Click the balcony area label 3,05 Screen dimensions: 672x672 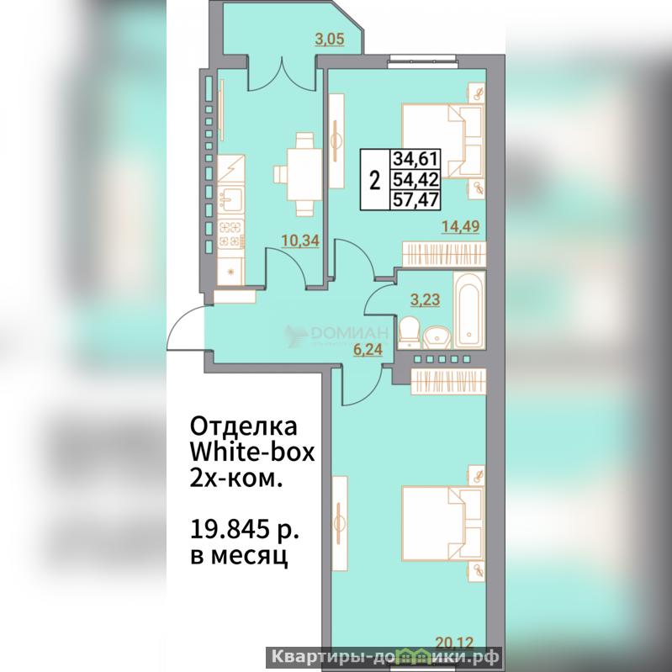click(330, 40)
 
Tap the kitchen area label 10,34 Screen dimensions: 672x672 click(300, 241)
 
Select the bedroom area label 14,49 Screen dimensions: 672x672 click(461, 226)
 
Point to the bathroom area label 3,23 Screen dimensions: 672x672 click(425, 299)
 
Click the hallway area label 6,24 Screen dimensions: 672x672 click(368, 350)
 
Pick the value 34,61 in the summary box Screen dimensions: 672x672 click(415, 159)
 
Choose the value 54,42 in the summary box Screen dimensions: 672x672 click(415, 180)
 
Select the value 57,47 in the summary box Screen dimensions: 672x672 click(415, 199)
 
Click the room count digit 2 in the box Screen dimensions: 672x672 click(374, 180)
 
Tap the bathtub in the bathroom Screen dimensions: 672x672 click(468, 310)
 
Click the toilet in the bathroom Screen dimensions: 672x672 click(410, 332)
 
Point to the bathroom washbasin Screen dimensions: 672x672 click(437, 338)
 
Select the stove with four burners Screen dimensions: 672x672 click(231, 234)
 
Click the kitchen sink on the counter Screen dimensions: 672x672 click(231, 198)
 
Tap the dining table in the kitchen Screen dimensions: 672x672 click(304, 174)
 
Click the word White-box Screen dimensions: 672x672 click(252, 452)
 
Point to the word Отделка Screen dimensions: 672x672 click(243, 426)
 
